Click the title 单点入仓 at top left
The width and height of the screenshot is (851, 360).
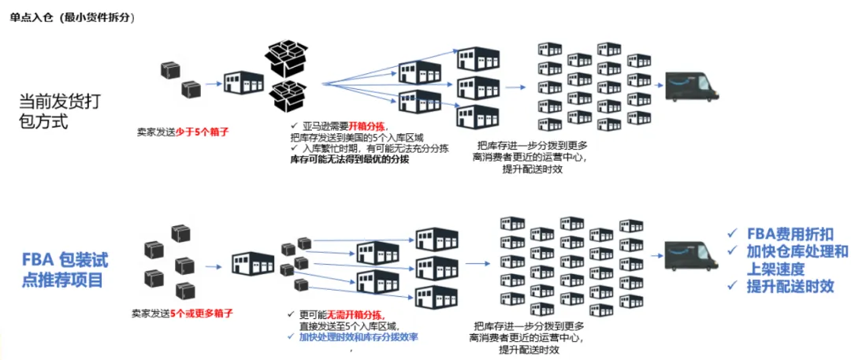point(32,18)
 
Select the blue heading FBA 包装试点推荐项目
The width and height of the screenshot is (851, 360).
point(65,269)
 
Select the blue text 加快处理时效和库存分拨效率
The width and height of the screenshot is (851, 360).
point(359,337)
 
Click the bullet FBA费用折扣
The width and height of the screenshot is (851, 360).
point(791,233)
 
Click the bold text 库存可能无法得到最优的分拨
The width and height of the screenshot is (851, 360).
point(350,159)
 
